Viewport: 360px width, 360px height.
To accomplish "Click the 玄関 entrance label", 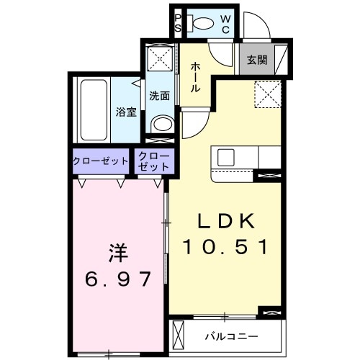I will (x=257, y=60).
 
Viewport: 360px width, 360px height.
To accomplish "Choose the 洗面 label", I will (x=159, y=94).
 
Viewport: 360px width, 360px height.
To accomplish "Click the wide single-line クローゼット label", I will (x=100, y=161).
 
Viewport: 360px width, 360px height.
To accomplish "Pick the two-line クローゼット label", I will (x=153, y=161).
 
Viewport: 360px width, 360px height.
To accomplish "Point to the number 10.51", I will (x=225, y=247).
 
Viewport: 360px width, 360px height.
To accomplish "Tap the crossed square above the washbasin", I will (x=160, y=58).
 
